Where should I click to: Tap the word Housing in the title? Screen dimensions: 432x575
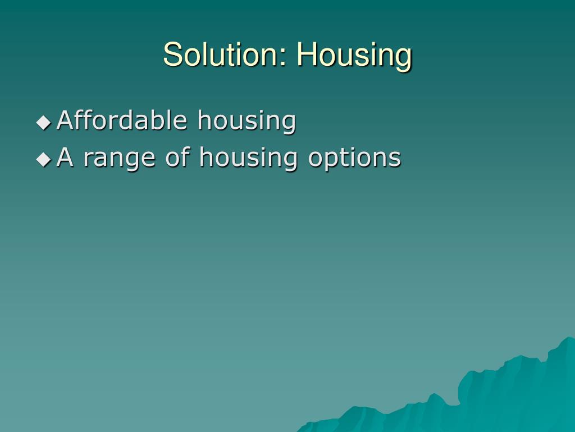[354, 55]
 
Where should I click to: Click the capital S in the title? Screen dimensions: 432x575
[171, 55]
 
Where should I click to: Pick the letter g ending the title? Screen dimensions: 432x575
[404, 58]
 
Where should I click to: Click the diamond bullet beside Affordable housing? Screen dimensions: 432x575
[44, 122]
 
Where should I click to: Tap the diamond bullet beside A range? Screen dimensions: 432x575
[44, 159]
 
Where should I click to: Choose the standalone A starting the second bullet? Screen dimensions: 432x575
[65, 157]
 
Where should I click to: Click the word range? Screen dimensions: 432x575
[119, 159]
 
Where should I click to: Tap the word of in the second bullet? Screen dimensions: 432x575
[177, 157]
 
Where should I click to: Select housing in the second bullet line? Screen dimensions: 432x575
[249, 159]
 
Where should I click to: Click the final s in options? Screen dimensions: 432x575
[395, 159]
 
